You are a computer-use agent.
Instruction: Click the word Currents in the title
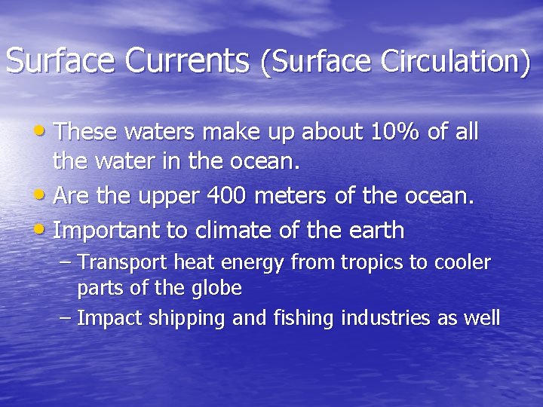click(x=187, y=61)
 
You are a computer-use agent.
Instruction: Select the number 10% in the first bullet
click(x=396, y=133)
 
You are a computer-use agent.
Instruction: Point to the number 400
click(x=229, y=197)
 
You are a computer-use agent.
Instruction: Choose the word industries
click(x=387, y=318)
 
